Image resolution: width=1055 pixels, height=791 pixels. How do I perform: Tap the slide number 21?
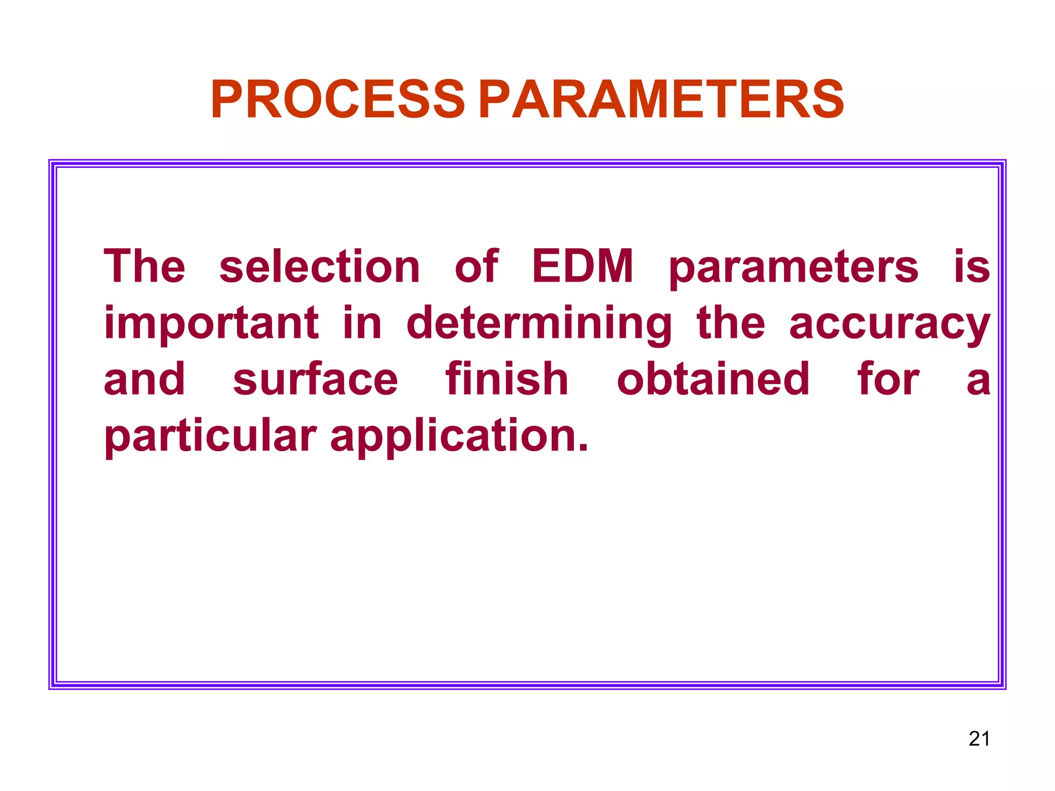979,738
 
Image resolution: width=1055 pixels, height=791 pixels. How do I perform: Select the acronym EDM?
582,266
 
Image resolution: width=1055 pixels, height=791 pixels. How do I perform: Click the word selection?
319,267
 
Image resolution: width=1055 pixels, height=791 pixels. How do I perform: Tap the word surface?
315,380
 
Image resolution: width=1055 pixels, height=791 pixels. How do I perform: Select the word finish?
507,380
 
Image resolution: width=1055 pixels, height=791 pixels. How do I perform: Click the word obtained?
713,380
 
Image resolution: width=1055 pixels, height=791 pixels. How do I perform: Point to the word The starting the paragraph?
144,266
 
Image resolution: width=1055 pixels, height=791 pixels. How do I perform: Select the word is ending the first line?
972,267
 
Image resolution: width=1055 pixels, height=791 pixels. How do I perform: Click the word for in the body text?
888,380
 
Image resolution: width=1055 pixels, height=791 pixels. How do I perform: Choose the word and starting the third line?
144,380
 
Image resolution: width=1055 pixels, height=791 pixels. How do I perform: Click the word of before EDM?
477,266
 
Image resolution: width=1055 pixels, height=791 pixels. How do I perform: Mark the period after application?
583,448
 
